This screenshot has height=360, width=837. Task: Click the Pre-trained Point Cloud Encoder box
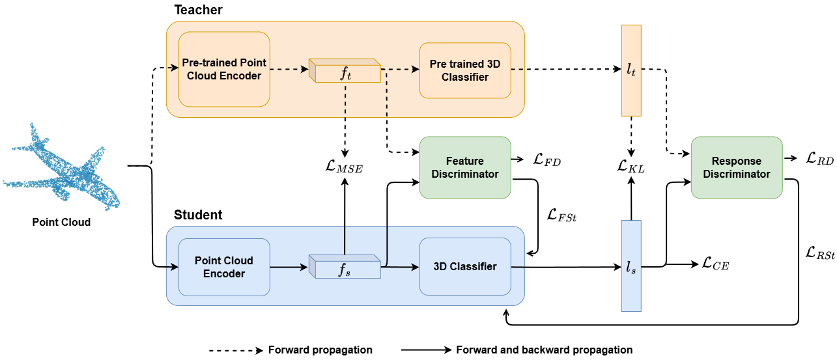(224, 69)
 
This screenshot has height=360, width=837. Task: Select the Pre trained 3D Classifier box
(465, 70)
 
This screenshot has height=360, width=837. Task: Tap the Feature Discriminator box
(465, 167)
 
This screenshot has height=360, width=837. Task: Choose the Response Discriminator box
(736, 167)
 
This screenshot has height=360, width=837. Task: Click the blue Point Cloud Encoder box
(224, 267)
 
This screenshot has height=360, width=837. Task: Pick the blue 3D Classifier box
(465, 266)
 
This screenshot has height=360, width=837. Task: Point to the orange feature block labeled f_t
(345, 71)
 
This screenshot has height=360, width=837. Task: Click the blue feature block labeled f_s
(345, 268)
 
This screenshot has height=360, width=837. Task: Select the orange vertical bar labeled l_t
(631, 70)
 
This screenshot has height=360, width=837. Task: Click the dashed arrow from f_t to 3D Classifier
(400, 68)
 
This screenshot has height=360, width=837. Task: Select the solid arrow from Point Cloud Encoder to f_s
(289, 266)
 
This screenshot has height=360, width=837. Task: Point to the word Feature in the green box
(465, 161)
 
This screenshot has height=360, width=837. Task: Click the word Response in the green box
(736, 161)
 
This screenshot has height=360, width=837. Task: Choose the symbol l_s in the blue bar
(631, 267)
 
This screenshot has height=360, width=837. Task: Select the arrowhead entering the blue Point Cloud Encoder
(175, 266)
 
